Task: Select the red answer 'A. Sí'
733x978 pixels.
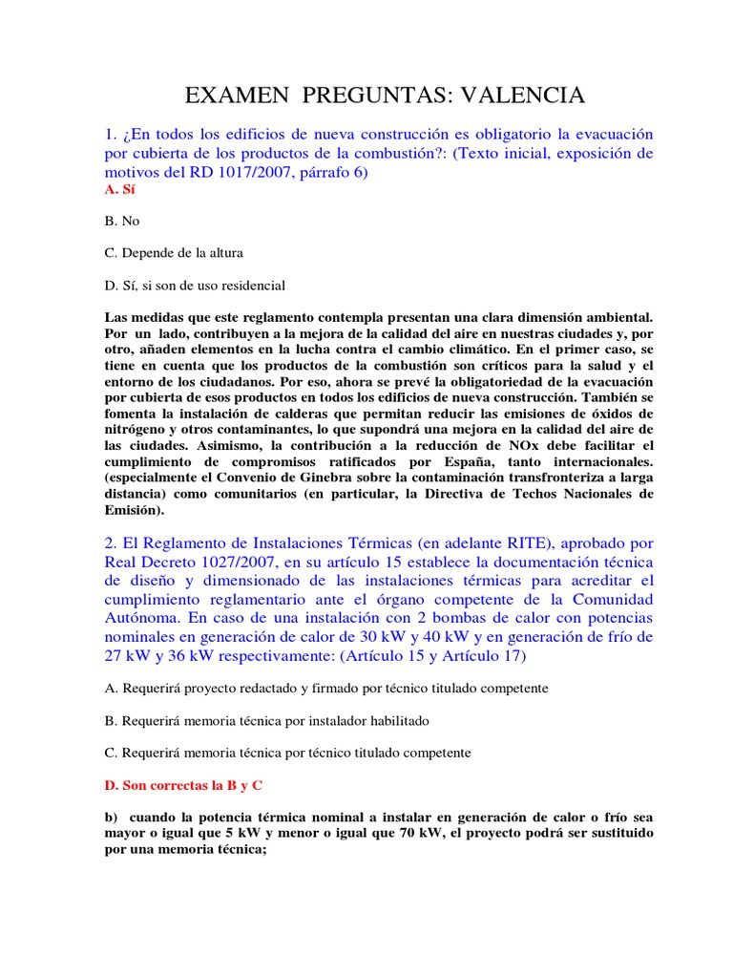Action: (115, 190)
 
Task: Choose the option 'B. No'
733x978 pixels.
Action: (122, 221)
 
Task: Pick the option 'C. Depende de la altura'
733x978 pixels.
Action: (174, 253)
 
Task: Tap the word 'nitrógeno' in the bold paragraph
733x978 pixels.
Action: (135, 432)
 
